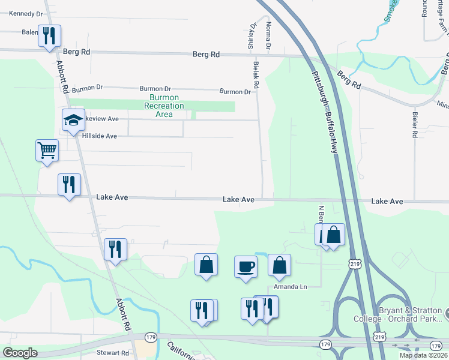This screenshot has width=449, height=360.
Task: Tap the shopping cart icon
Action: point(47,150)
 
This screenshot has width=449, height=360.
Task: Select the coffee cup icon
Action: point(246,266)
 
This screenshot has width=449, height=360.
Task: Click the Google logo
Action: point(20,353)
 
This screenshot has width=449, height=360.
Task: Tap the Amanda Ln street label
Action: point(290,287)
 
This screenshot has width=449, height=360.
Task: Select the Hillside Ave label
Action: point(99,136)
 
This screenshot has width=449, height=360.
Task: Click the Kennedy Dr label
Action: point(26,13)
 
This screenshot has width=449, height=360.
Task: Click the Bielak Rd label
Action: point(256,74)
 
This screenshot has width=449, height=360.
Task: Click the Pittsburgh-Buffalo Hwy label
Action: point(325,113)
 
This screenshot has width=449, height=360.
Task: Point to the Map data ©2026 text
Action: point(423,355)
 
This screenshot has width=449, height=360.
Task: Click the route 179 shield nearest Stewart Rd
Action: point(151,338)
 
